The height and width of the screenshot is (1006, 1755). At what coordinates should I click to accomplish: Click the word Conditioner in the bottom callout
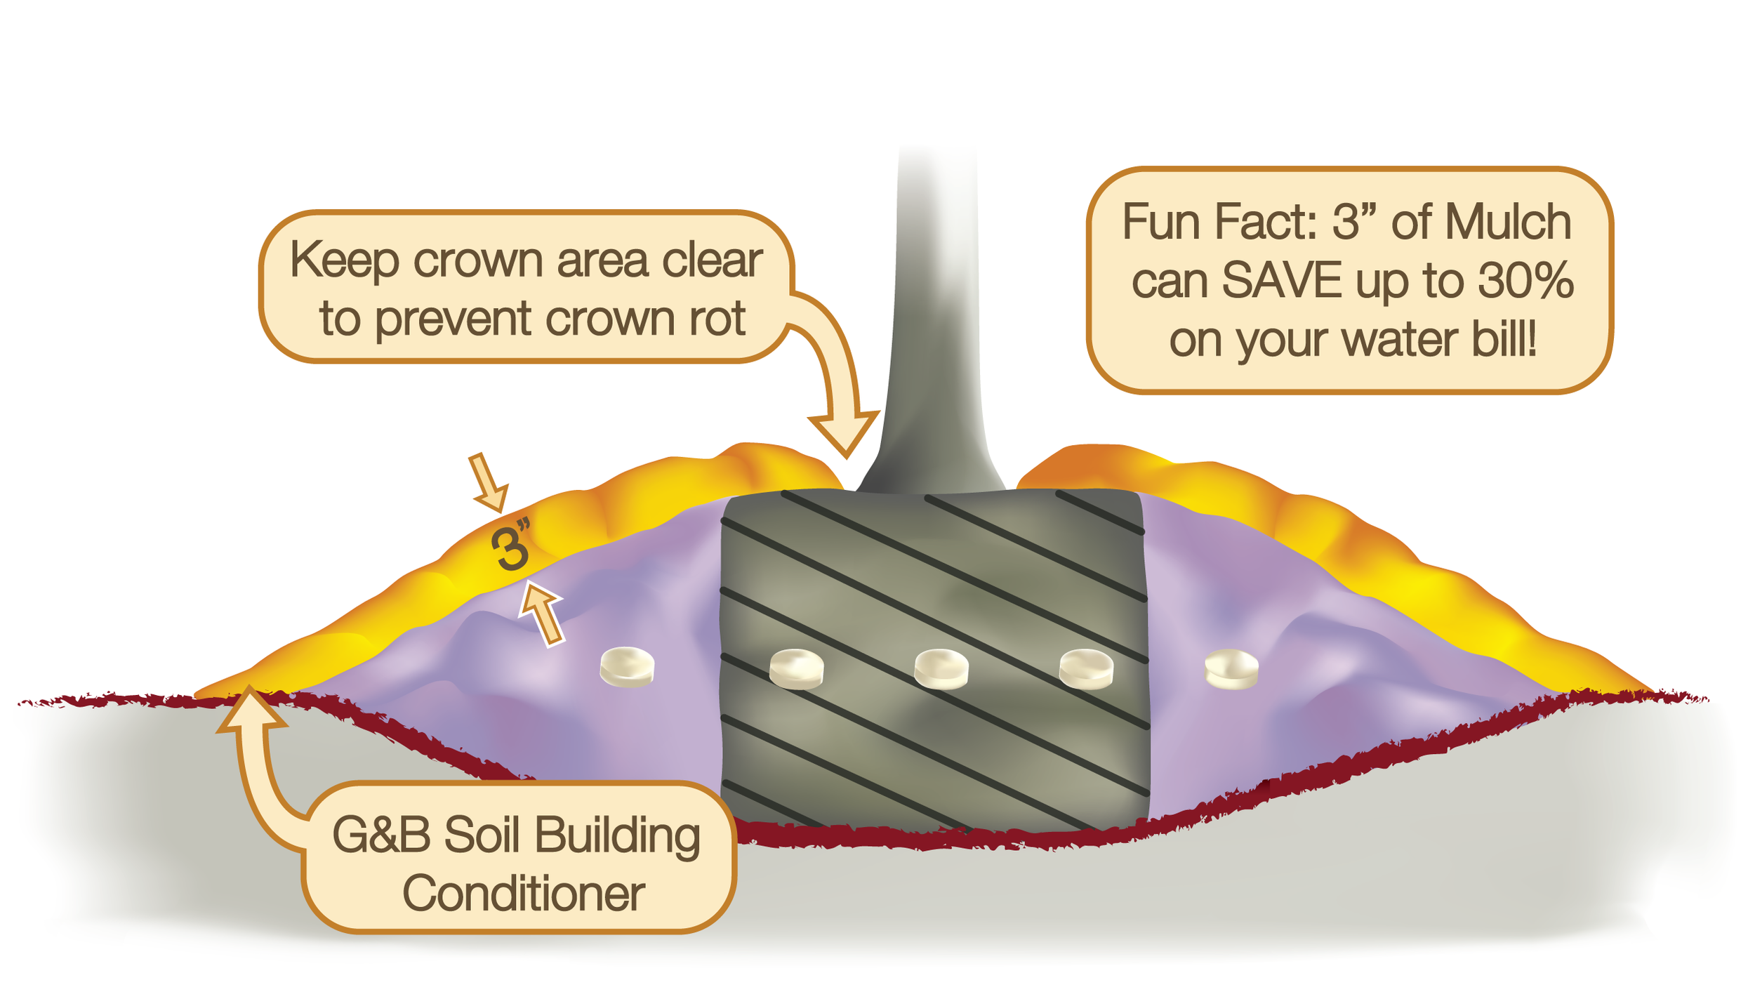coord(524,894)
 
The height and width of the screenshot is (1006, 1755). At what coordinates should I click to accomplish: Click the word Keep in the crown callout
coord(344,260)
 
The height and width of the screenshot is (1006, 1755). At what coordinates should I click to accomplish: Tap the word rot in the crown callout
coord(717,319)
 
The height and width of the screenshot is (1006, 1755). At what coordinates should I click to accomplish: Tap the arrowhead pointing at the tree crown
coord(845,435)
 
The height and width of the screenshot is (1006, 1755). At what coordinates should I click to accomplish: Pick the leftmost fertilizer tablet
coord(627,666)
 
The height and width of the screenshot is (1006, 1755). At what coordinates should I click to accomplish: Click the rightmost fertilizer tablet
coord(1231,668)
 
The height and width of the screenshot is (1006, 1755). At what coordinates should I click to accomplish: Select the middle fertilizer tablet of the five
coord(941,668)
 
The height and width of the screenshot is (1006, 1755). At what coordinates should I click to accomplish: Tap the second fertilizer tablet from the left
coord(796,668)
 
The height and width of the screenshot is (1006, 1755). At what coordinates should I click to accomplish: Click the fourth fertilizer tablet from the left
coord(1086,668)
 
